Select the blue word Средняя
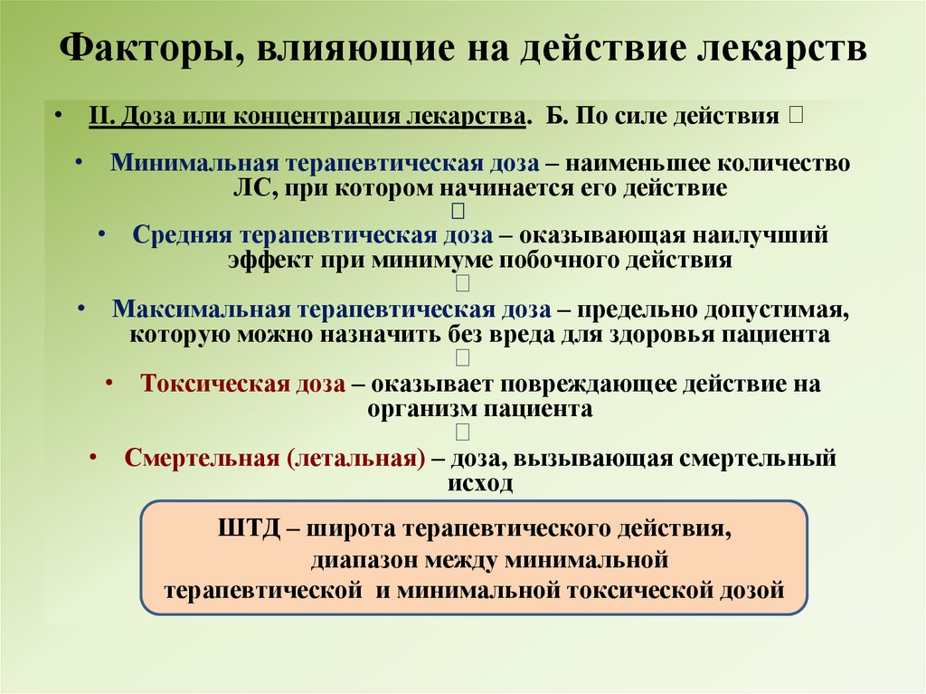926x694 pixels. [183, 235]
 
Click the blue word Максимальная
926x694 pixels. [197, 309]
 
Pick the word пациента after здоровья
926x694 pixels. [784, 334]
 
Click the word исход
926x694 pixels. [479, 482]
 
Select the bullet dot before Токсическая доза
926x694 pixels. [109, 383]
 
